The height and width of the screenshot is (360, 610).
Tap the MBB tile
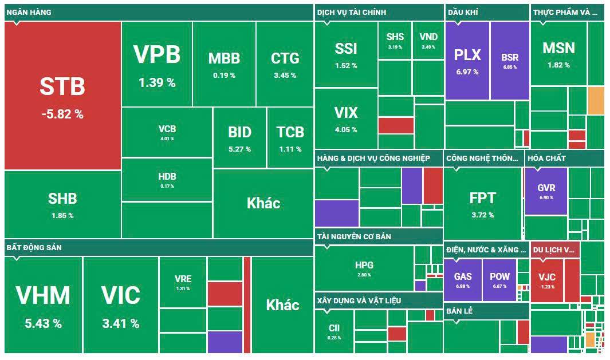pos(224,63)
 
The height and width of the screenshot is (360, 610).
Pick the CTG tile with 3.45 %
pos(285,63)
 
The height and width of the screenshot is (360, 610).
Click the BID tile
pos(239,137)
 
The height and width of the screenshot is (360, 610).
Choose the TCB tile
pos(290,137)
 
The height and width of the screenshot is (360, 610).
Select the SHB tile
pos(62,204)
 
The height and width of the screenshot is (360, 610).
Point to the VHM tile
pos(43,303)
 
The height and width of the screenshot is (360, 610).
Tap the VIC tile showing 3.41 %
pos(120,303)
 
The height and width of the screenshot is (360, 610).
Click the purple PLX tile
pos(467,60)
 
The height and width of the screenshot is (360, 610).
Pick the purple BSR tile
pos(509,60)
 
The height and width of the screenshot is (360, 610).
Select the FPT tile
pos(482,203)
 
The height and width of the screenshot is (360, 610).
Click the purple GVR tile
pos(546,191)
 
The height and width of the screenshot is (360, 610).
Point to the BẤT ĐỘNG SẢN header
pos(34,247)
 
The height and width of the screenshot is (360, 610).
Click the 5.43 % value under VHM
pos(43,323)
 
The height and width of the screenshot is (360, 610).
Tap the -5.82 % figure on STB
pos(62,114)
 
